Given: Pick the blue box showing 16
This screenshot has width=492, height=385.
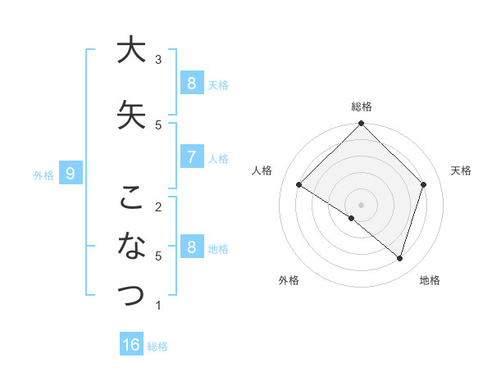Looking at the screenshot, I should click(131, 345).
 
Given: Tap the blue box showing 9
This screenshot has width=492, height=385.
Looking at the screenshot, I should click(71, 173).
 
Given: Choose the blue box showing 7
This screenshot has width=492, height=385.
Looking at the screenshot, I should click(190, 157).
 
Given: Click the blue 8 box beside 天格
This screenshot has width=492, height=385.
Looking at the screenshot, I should click(190, 83).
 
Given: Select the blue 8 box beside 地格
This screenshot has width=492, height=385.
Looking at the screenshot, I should click(190, 247).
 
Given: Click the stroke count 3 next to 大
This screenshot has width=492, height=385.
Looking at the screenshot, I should click(158, 59).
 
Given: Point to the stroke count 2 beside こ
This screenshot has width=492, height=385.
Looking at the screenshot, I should click(158, 206).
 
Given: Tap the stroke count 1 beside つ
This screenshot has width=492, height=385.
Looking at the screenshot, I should click(158, 306).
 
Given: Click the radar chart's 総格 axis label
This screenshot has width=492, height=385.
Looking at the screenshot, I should click(362, 106).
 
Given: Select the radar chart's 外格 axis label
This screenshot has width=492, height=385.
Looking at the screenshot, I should click(288, 280).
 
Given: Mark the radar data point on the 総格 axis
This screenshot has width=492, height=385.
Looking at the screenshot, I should click(362, 124).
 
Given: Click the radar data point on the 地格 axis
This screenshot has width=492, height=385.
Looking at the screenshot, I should click(399, 258).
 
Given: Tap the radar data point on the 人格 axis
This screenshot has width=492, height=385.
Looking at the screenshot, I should click(299, 185).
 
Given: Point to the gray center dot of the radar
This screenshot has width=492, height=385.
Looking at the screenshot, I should click(362, 204).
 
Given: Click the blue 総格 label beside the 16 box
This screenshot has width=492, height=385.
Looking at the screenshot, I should click(157, 346).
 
